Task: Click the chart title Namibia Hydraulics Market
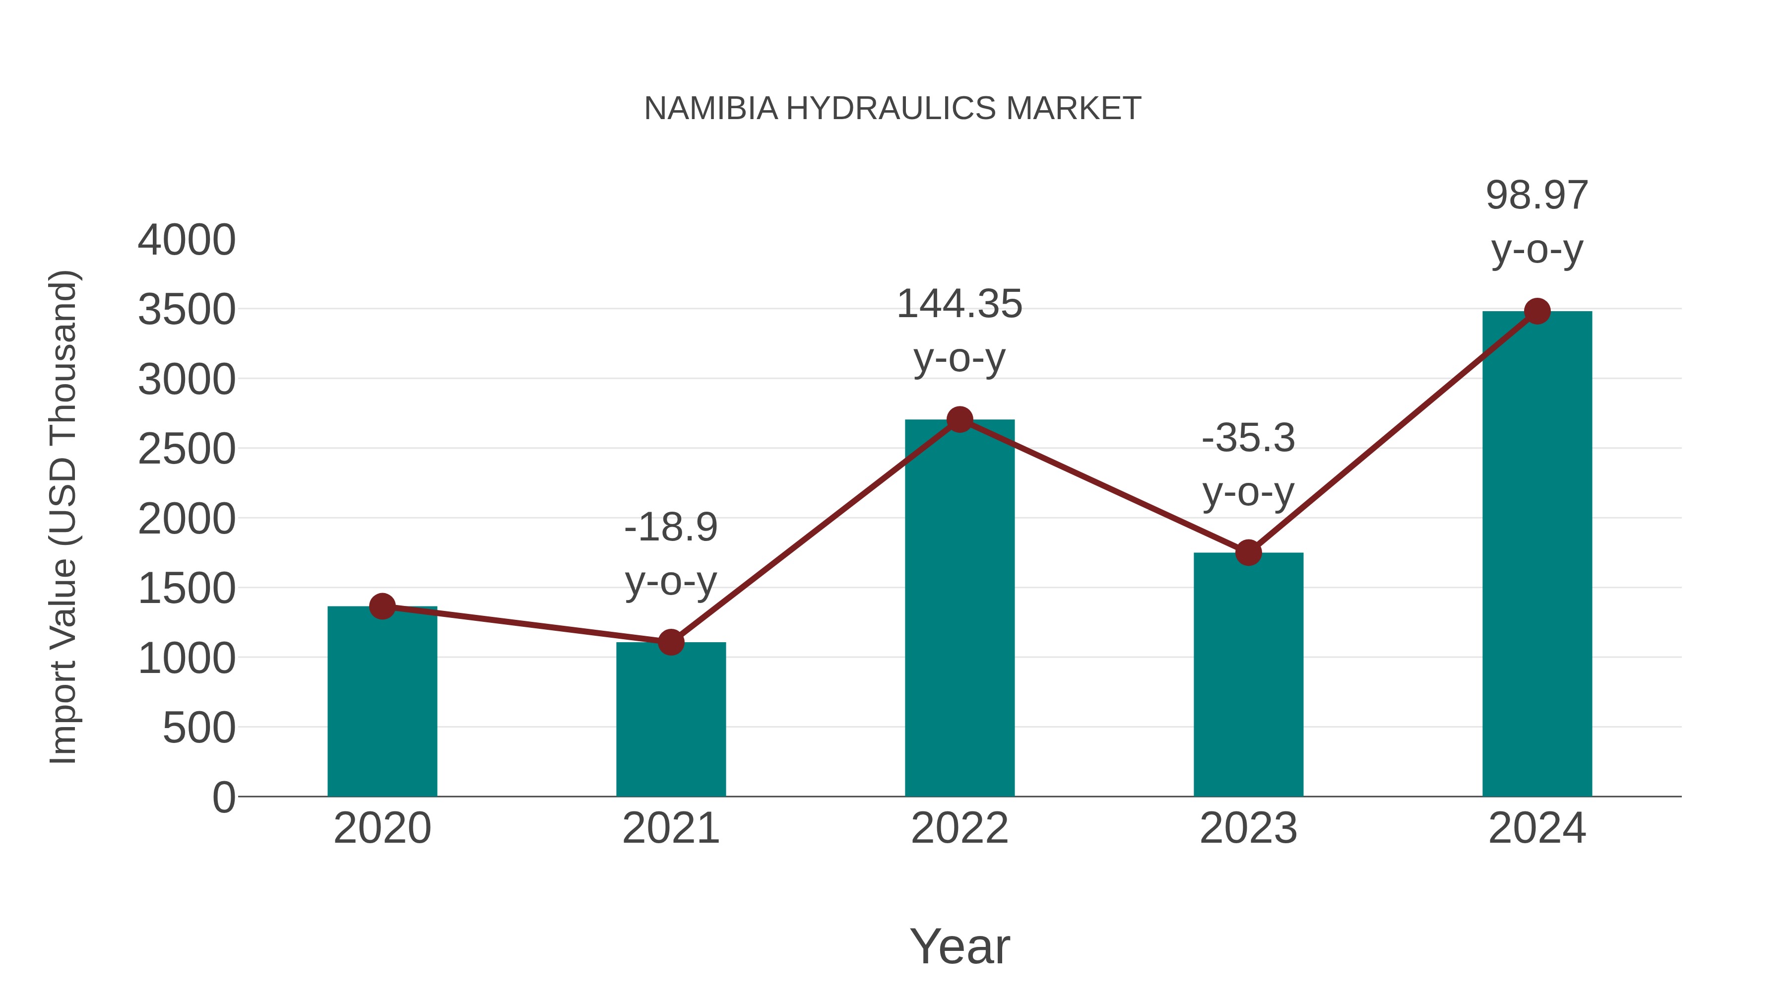point(893,109)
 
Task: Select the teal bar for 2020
point(382,700)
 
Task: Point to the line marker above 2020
point(382,606)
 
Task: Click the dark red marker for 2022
point(959,419)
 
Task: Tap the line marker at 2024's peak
point(1537,311)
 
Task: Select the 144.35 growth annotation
point(959,305)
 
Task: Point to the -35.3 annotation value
point(1248,438)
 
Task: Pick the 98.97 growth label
point(1537,196)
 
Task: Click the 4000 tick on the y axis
point(187,241)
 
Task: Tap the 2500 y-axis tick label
point(187,450)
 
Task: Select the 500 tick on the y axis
point(199,728)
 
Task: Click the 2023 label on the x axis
point(1248,828)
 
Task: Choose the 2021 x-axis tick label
point(670,828)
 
